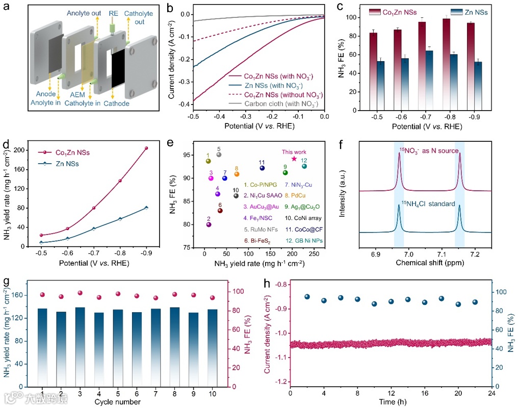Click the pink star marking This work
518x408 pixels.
294,159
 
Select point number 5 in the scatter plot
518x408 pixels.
219,155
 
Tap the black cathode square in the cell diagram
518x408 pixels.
117,65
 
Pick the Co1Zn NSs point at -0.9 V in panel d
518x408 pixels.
146,148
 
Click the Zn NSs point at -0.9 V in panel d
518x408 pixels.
146,208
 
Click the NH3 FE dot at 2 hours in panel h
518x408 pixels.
307,296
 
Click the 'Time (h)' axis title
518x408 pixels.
391,402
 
